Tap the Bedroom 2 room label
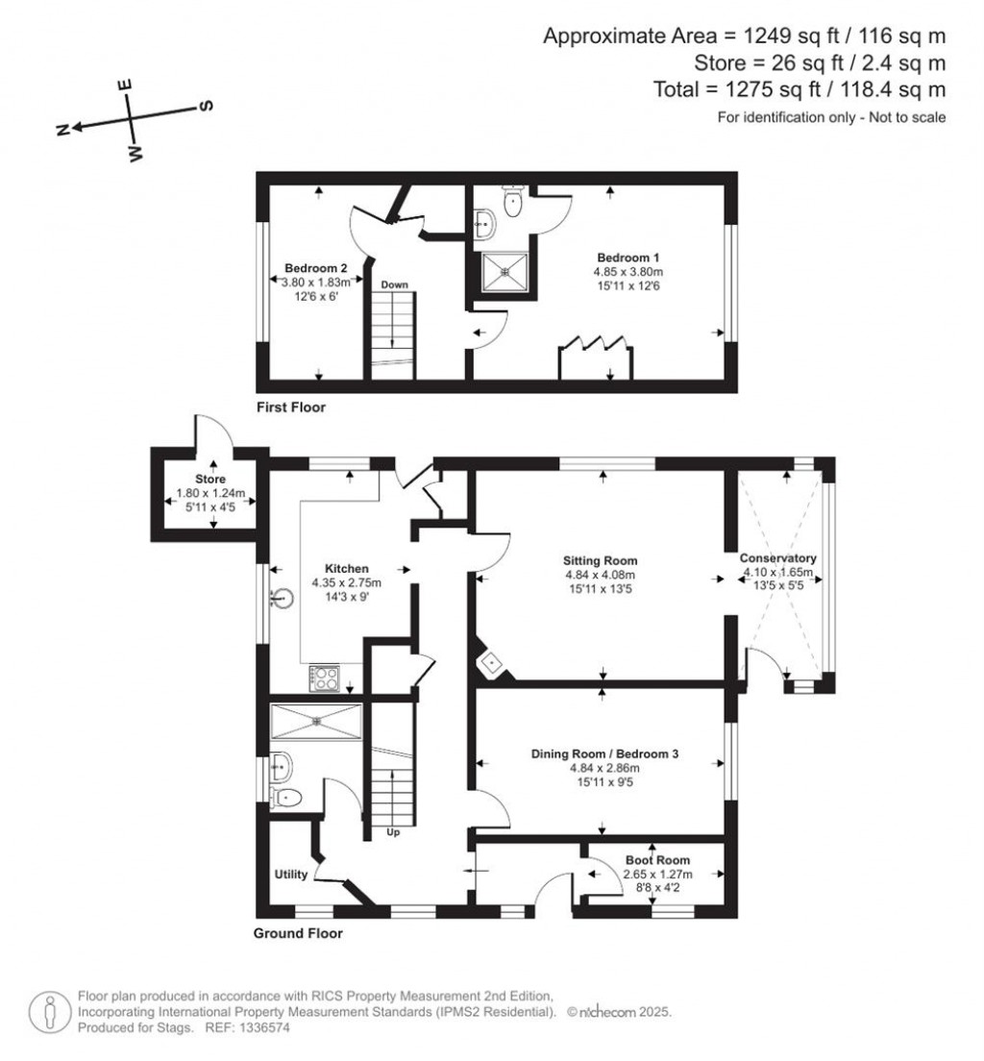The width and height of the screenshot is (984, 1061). [315, 268]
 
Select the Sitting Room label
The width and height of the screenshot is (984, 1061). [601, 560]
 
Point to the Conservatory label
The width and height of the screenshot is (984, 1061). [777, 558]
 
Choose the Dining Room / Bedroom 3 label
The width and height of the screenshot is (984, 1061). [604, 754]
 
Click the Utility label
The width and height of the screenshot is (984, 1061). [290, 875]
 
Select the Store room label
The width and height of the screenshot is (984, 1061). [210, 480]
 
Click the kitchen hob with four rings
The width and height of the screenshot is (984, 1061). [324, 679]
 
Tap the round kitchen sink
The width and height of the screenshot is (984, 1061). [280, 600]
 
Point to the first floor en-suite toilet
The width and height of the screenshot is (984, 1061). [513, 199]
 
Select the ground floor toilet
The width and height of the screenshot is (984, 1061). [286, 796]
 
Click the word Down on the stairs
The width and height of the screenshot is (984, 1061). [395, 285]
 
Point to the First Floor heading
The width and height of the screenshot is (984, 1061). [291, 407]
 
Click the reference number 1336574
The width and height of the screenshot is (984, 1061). [258, 1028]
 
